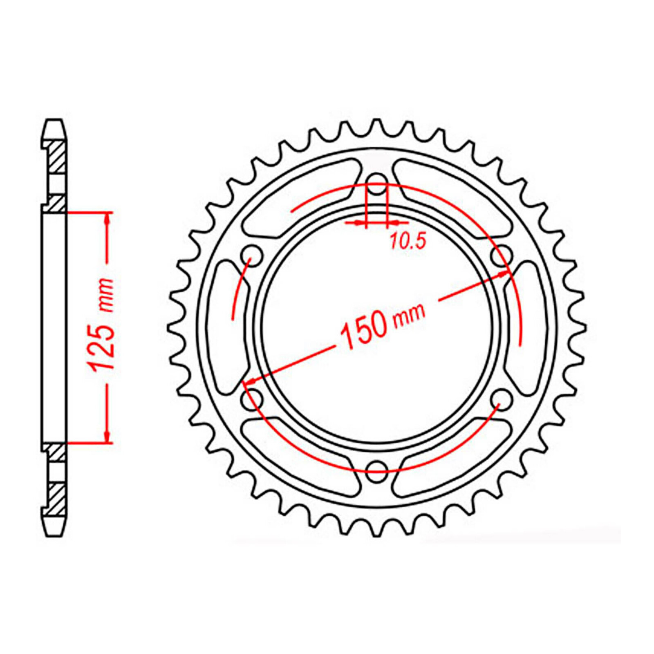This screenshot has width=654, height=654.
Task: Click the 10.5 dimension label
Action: click(x=408, y=241)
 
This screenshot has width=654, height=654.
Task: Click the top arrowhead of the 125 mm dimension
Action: click(x=108, y=218)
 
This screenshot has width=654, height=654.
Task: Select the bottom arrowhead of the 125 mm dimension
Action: click(x=108, y=437)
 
